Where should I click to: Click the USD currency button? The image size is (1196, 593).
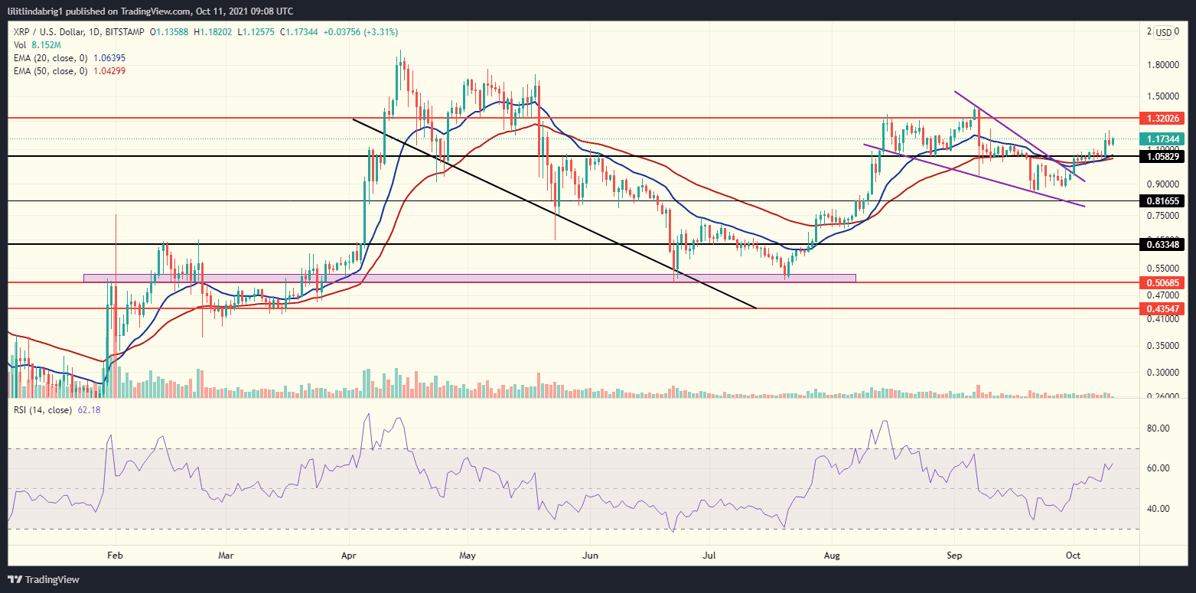tap(1163, 32)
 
